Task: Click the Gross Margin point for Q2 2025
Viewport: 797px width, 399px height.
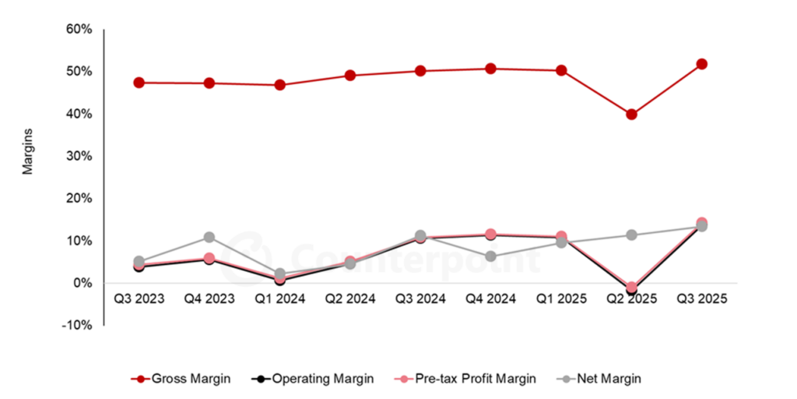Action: pos(631,115)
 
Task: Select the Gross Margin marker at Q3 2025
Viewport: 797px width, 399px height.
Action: pos(701,64)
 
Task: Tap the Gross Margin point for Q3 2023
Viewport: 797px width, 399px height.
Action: pos(139,83)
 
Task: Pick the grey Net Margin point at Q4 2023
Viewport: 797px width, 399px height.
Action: pos(209,237)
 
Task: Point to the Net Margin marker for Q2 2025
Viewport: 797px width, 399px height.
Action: pos(631,235)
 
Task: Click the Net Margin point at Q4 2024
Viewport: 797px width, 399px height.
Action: pos(490,256)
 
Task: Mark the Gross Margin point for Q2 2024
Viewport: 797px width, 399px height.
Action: pos(350,76)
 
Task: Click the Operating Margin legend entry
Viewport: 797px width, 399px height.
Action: pos(313,379)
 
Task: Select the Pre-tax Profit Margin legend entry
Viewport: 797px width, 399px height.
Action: pos(464,379)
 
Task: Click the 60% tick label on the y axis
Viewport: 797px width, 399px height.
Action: pos(79,30)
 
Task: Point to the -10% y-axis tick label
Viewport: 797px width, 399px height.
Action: pos(78,325)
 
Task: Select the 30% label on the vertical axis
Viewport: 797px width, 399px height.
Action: pos(79,156)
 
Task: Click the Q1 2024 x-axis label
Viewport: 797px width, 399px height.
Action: pos(279,299)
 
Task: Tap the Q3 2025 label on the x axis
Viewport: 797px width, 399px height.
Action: pos(701,299)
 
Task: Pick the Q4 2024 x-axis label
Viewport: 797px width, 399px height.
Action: pos(490,299)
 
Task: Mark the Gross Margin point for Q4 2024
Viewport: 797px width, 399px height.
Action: pos(490,69)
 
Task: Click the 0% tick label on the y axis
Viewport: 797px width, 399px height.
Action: pos(82,283)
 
